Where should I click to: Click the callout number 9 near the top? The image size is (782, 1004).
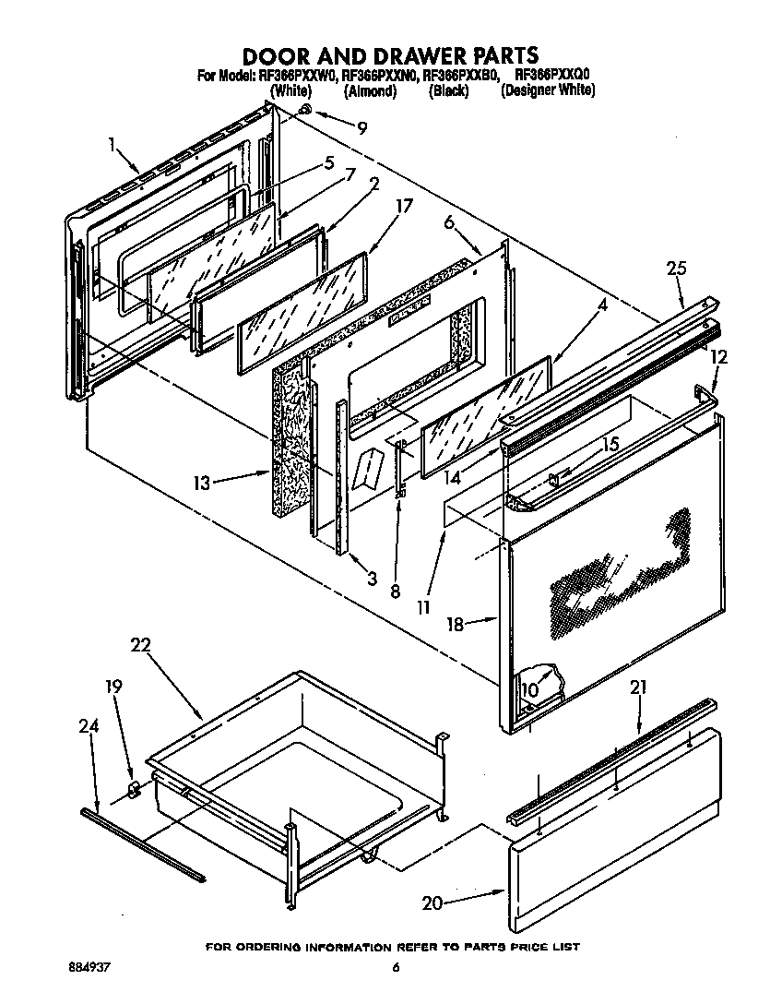coord(361,127)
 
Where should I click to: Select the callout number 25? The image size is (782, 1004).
coord(677,269)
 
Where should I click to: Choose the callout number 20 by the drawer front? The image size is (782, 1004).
coord(432,903)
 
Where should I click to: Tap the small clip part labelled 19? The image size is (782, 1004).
coord(133,788)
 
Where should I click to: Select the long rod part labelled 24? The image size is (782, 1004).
coord(143,843)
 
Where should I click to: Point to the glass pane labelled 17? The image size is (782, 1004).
coord(300,315)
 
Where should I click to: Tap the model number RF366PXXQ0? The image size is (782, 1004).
coord(552,75)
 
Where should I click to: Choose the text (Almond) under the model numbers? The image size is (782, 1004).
coord(370,90)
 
